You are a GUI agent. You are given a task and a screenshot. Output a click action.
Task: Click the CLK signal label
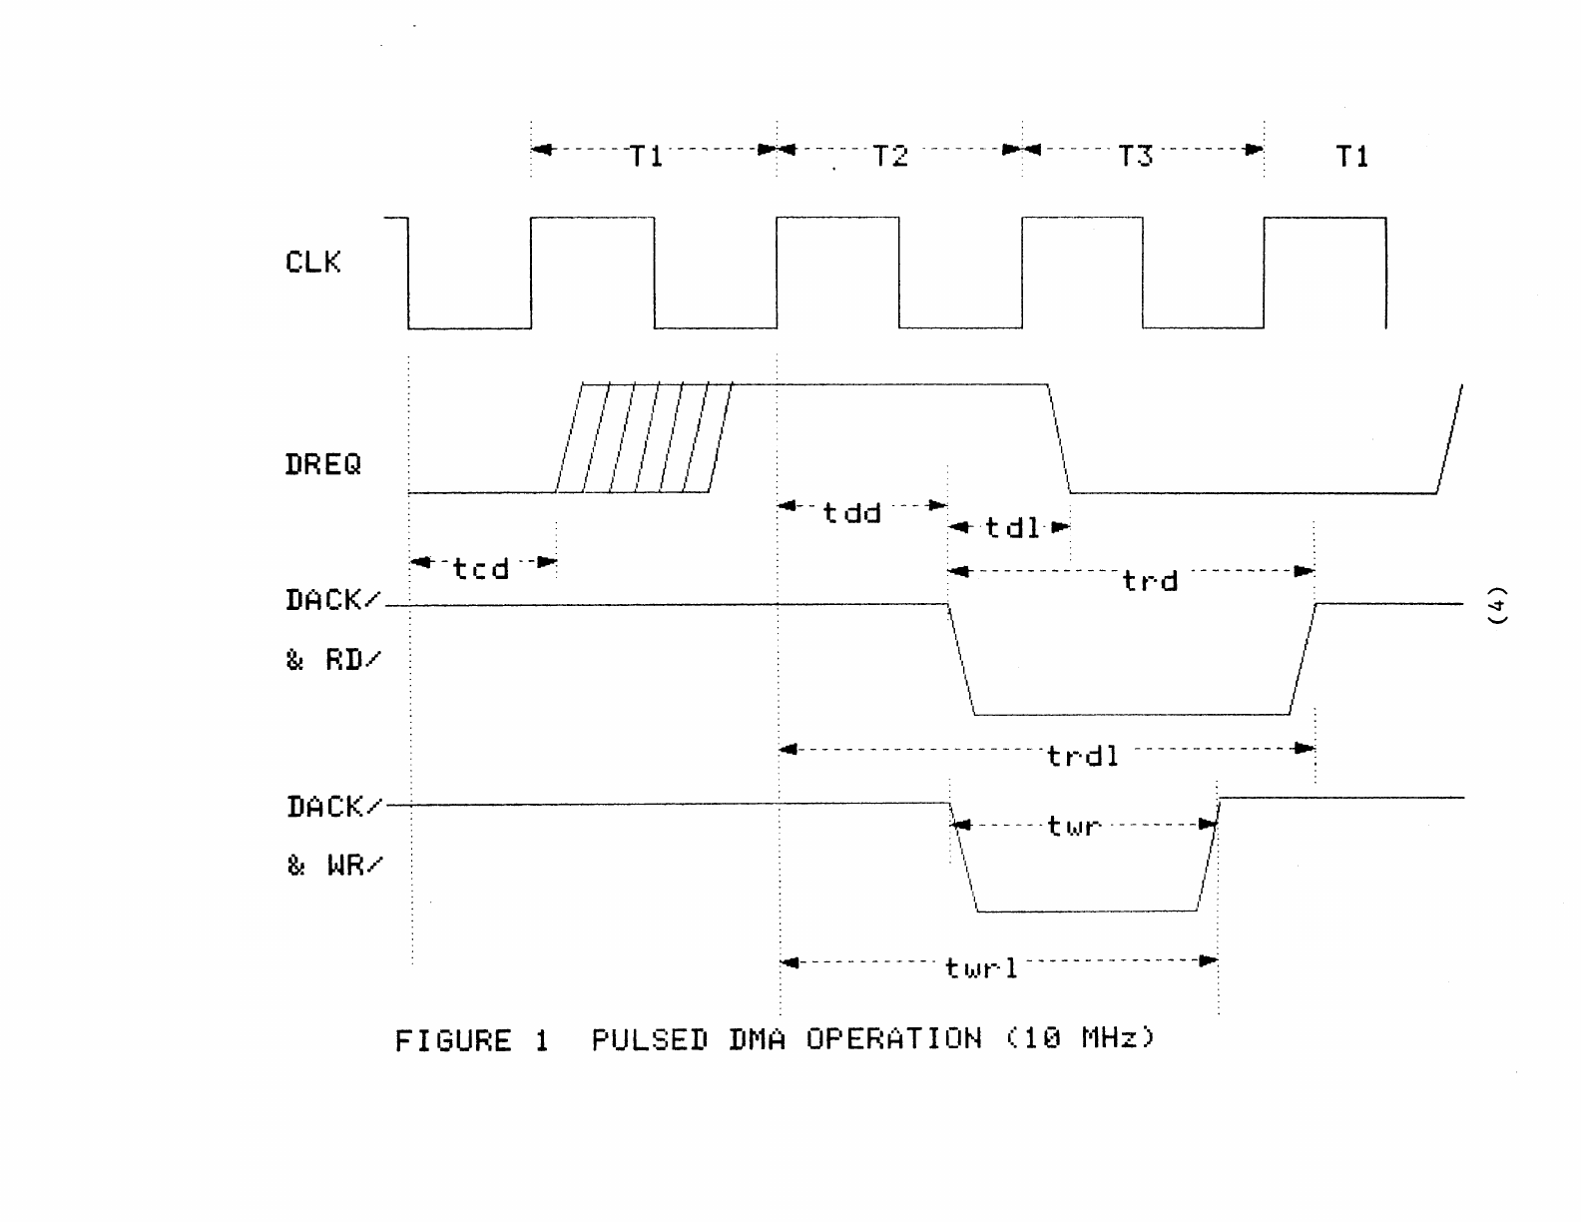pos(312,263)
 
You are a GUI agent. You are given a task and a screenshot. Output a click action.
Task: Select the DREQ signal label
pos(322,464)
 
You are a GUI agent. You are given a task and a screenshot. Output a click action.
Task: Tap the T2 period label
pos(890,156)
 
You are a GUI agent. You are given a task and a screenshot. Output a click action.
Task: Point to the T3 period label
pos(1135,156)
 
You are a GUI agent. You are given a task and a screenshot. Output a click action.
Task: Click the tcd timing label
pos(481,569)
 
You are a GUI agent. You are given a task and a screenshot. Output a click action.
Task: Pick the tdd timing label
pos(851,513)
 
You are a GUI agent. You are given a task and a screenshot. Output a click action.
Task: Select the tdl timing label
pos(1012,527)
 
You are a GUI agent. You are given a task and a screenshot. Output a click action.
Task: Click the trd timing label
pos(1150,581)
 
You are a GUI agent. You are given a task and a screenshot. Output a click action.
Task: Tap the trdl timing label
pos(1083,756)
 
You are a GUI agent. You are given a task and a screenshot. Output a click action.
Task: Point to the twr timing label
pos(1074,827)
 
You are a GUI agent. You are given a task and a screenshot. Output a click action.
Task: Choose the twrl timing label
pos(981,967)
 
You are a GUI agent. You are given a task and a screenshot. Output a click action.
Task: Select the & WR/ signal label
pos(333,865)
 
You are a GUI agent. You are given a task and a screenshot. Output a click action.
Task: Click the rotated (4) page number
pos(1496,605)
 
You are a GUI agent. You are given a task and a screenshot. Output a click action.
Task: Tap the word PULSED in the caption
pos(649,1040)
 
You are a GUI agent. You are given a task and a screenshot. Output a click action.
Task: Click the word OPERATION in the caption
pos(893,1039)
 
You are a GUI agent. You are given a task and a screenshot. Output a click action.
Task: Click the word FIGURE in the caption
pos(453,1041)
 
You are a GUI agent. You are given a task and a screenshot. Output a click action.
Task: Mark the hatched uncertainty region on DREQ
pos(644,438)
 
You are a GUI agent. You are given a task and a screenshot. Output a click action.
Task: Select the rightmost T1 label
pos(1352,156)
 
